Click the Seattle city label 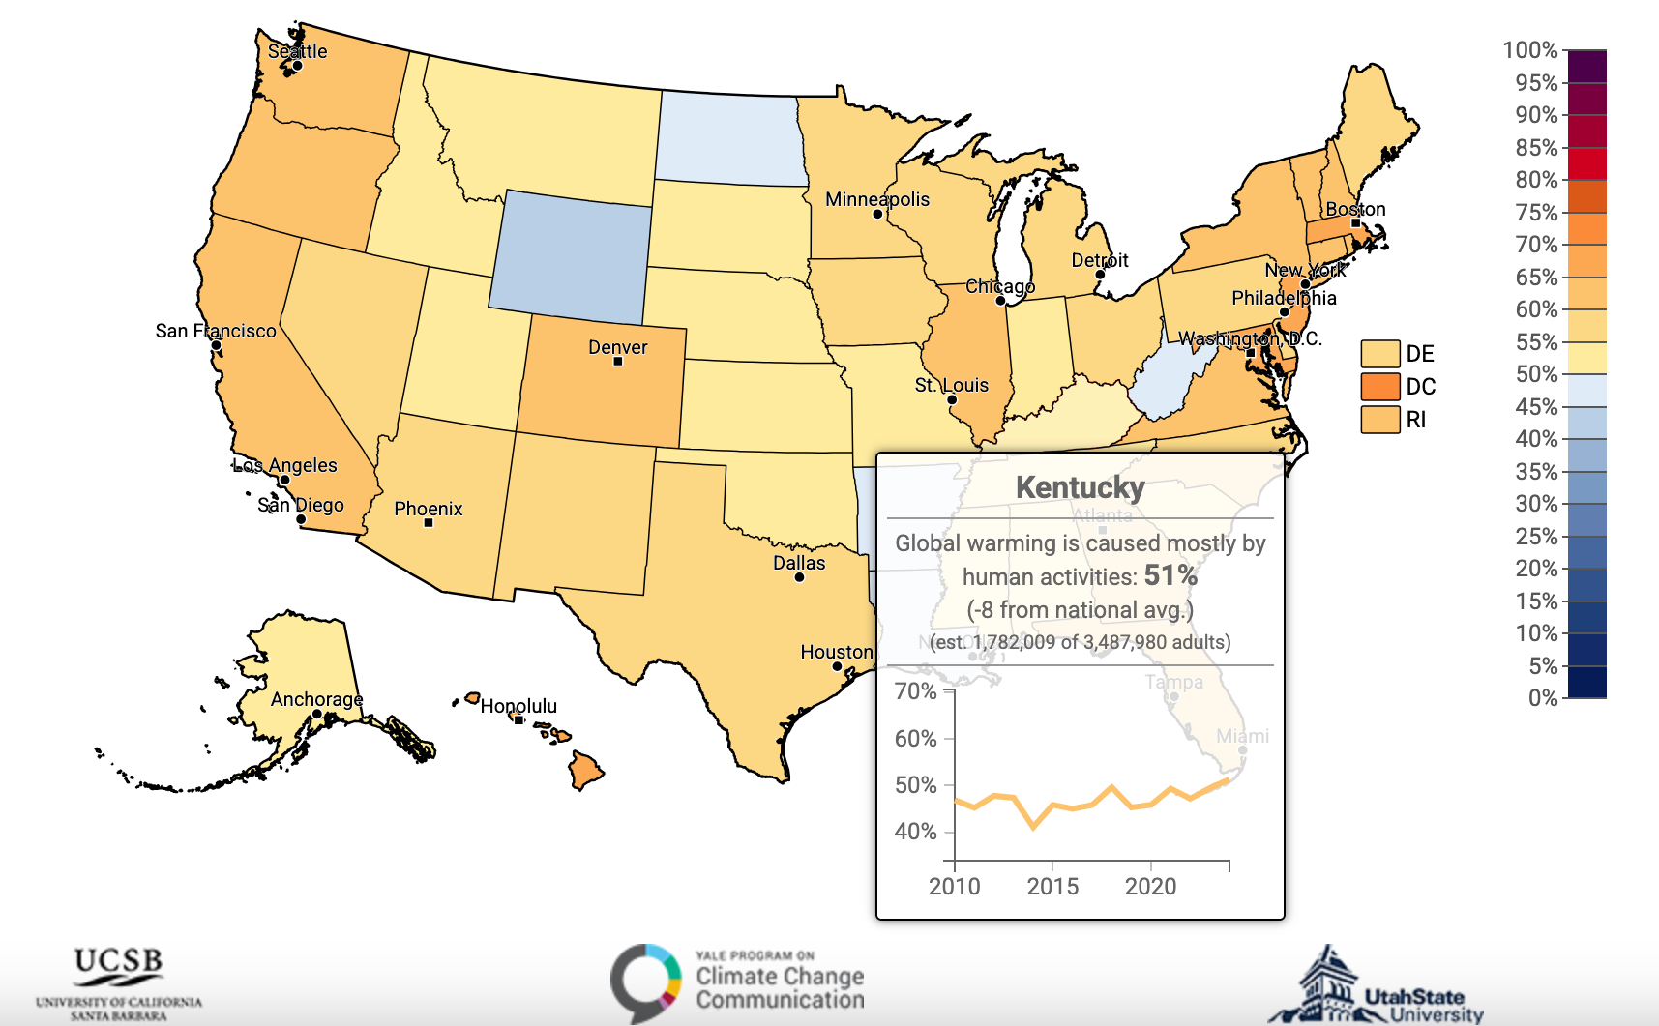tap(297, 51)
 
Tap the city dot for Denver tap(618, 362)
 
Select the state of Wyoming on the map tap(571, 256)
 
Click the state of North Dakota tap(730, 137)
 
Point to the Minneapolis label tap(876, 199)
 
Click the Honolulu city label tap(518, 706)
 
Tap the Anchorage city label tap(316, 699)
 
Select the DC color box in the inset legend tap(1379, 387)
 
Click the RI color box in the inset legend tap(1379, 420)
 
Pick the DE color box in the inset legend tap(1379, 354)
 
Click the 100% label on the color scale tap(1529, 50)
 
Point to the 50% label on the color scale tap(1536, 374)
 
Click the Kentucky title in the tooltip tap(1080, 487)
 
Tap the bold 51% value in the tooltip tap(1170, 575)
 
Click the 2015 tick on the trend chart tap(1052, 886)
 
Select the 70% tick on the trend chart tap(915, 691)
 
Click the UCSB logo tap(119, 982)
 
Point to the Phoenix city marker tap(429, 523)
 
